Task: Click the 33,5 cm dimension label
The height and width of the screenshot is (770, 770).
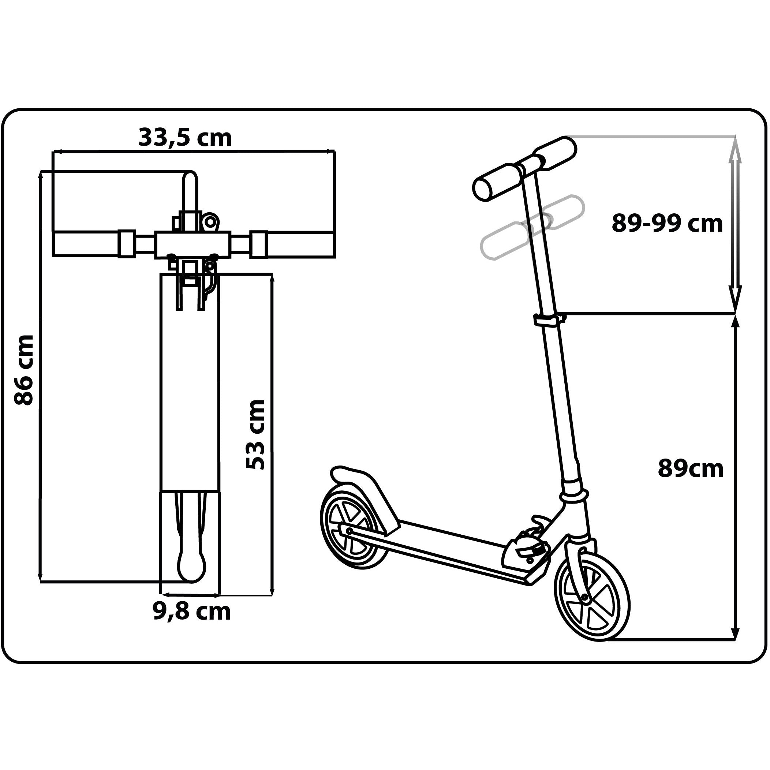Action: tap(185, 138)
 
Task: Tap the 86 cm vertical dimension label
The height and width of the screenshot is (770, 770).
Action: tap(24, 370)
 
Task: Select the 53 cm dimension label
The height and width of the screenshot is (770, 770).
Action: tap(255, 434)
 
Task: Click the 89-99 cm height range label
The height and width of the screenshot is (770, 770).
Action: tap(667, 223)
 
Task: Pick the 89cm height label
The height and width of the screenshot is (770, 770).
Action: tap(690, 468)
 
